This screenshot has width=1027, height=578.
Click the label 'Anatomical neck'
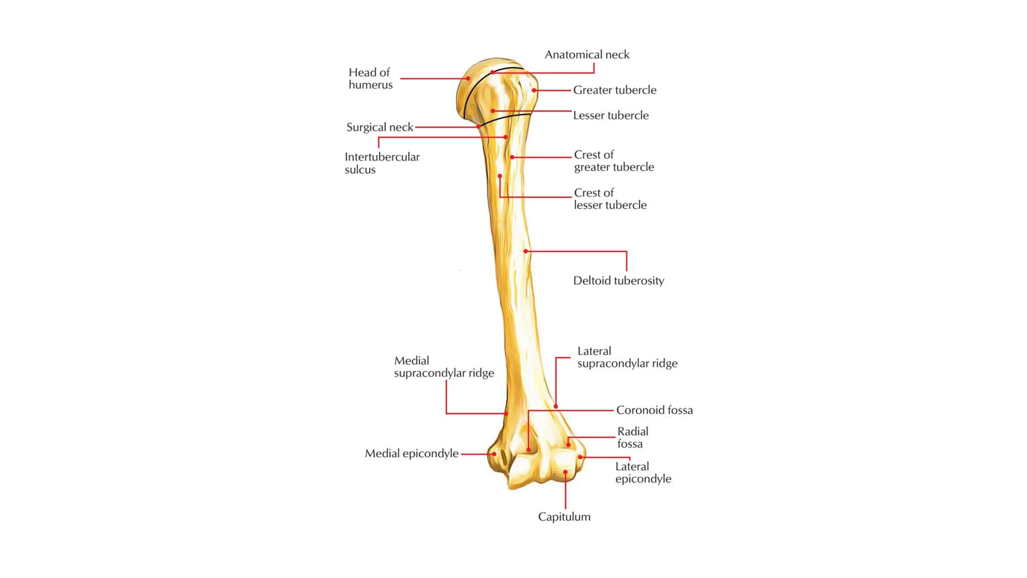(x=587, y=55)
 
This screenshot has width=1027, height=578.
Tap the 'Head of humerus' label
(x=371, y=79)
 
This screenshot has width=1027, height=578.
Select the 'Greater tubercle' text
(x=614, y=90)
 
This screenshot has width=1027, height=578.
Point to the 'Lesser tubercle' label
(x=610, y=115)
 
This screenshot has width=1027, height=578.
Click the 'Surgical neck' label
(x=380, y=127)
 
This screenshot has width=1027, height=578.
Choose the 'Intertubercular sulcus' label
(x=382, y=163)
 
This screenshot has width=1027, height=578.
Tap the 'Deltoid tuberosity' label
(x=618, y=281)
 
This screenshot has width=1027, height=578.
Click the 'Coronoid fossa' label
(x=654, y=410)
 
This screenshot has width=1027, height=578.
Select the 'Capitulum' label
(x=564, y=517)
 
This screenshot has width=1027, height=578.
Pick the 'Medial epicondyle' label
(x=411, y=454)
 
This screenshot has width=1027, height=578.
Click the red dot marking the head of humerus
(x=468, y=78)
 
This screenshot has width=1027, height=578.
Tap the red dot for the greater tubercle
(x=534, y=90)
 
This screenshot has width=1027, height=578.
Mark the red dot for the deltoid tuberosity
(x=526, y=251)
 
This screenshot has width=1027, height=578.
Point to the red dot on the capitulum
(x=565, y=472)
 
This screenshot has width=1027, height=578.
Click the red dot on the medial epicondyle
(x=494, y=454)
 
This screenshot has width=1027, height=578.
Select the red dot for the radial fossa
(x=568, y=445)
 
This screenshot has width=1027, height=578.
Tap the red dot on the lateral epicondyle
(x=580, y=457)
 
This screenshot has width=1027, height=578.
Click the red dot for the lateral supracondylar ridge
(x=556, y=406)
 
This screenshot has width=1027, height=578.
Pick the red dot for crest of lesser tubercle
(x=500, y=176)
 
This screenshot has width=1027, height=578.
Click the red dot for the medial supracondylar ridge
(x=506, y=413)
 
